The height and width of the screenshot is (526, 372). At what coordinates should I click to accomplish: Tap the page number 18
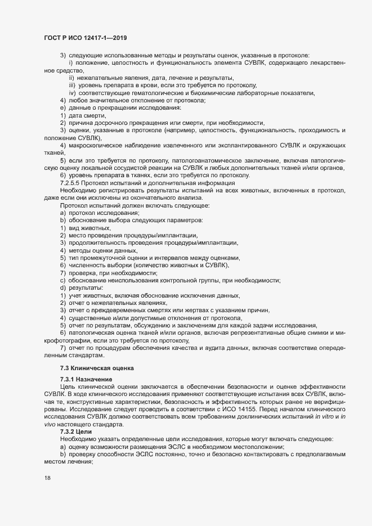(47, 479)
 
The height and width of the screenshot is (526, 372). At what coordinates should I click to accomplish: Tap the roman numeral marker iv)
(73, 92)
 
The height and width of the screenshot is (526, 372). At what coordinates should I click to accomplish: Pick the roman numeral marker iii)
(73, 85)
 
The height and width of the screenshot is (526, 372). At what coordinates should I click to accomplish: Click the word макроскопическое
(98, 146)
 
